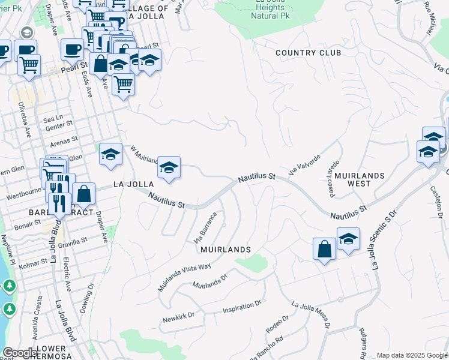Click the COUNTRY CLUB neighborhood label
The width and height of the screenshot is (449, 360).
[x=308, y=53]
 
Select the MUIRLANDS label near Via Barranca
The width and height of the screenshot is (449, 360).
[x=225, y=248]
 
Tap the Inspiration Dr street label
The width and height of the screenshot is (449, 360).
[x=242, y=307]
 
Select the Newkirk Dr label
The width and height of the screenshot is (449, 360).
[x=178, y=317]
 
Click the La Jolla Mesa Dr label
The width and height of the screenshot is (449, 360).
[x=310, y=314]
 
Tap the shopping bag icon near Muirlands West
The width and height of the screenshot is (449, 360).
[x=324, y=249]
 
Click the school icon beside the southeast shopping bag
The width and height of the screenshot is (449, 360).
[x=348, y=239]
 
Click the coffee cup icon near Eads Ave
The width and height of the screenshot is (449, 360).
[x=71, y=49]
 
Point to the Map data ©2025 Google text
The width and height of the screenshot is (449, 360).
[x=411, y=355]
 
